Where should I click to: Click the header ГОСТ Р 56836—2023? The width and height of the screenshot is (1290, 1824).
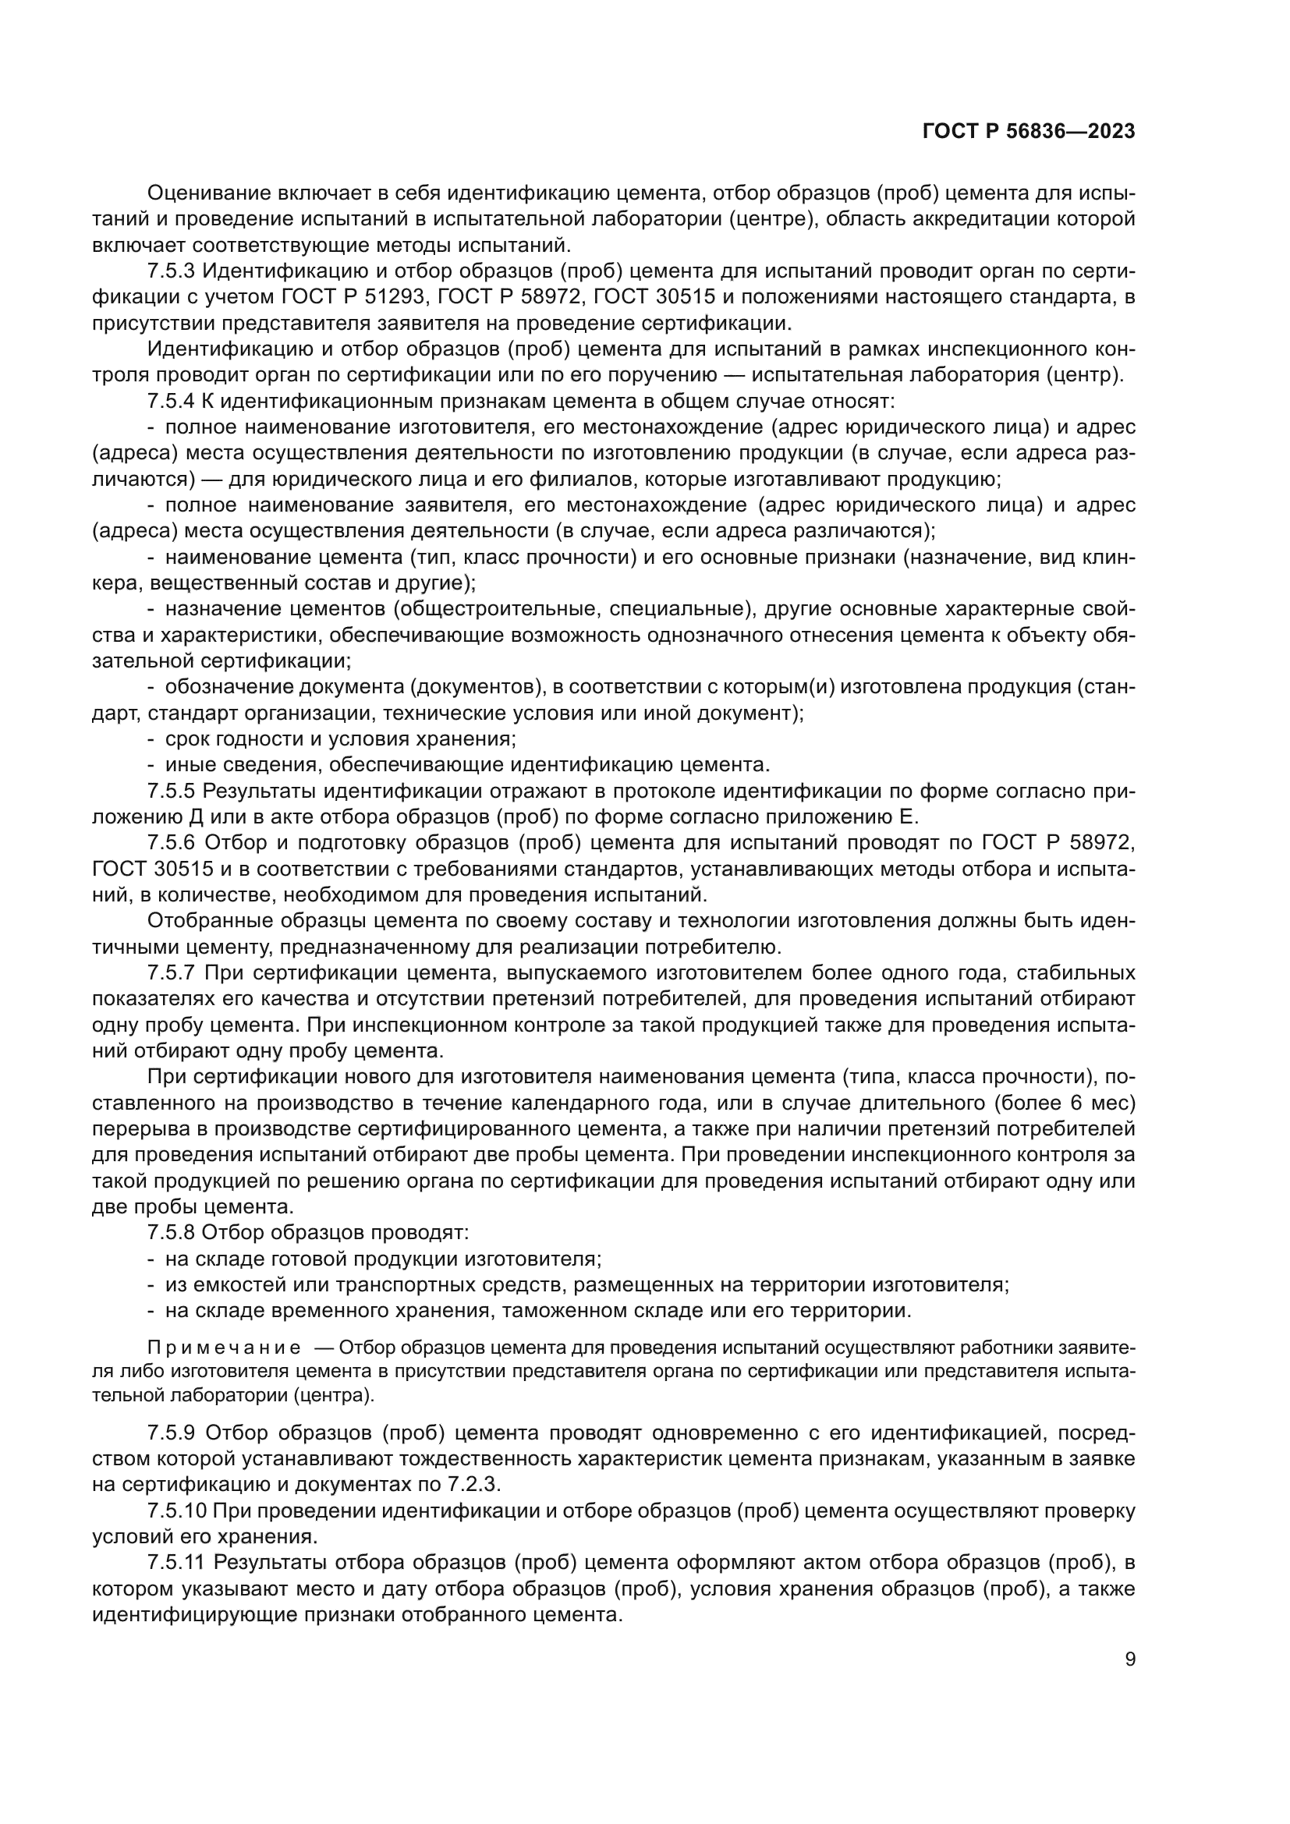tap(1029, 132)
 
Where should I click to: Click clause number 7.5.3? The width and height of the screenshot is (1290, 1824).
tap(171, 271)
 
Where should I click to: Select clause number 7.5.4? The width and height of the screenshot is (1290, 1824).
tap(171, 401)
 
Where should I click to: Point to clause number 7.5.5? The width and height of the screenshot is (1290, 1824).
tap(171, 792)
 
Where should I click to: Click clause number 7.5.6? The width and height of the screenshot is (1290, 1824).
tap(171, 843)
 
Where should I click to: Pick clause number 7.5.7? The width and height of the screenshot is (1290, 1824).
tap(171, 973)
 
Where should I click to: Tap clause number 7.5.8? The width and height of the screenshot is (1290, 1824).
tap(171, 1233)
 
